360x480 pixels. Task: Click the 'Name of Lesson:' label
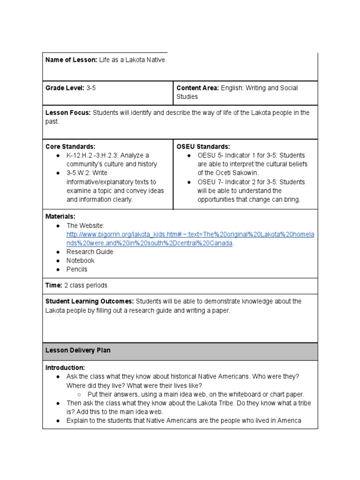click(71, 60)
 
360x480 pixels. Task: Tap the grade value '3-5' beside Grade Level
click(91, 88)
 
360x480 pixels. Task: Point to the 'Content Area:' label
click(197, 88)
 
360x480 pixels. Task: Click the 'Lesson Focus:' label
click(68, 113)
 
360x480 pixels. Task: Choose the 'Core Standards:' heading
click(70, 147)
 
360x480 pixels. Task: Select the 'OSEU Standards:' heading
click(203, 147)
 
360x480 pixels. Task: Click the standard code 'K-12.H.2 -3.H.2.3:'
click(97, 156)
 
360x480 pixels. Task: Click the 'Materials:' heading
click(60, 217)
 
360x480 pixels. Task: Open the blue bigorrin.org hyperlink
click(190, 234)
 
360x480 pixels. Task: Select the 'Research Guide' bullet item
click(90, 252)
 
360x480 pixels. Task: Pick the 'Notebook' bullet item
click(80, 261)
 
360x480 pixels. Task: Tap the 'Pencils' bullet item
click(77, 270)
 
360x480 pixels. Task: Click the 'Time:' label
click(54, 285)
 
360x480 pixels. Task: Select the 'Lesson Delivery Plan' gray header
click(78, 351)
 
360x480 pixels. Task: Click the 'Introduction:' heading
click(65, 368)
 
